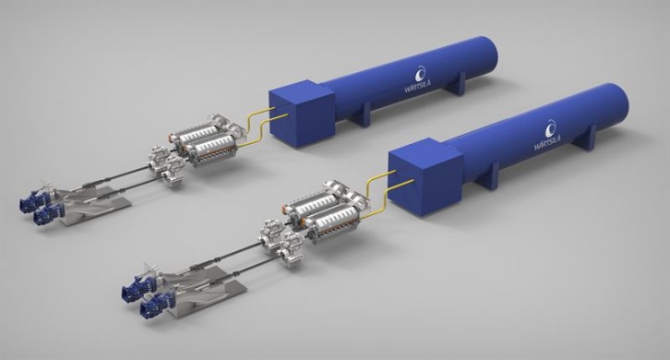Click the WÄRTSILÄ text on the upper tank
point(417,87)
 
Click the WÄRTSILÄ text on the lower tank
point(547,142)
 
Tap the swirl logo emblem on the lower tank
point(551,127)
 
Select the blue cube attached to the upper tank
point(301,113)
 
